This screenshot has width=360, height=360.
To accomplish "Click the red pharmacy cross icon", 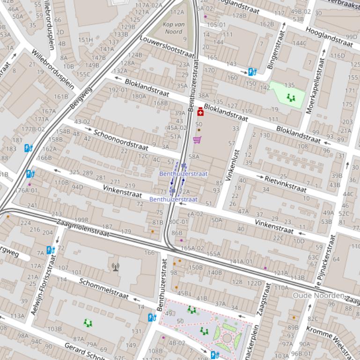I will pos(201,111).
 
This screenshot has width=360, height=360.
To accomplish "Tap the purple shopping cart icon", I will pos(197,140).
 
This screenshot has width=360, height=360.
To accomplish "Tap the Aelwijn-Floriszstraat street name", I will pos(43,285).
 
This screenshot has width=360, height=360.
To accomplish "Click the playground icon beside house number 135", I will pos(291,98).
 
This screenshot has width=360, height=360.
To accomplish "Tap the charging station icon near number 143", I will pos(252,72).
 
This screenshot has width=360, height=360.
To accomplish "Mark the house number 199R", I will pos(81,219).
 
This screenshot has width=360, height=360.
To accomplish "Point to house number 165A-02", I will pos(192,248).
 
